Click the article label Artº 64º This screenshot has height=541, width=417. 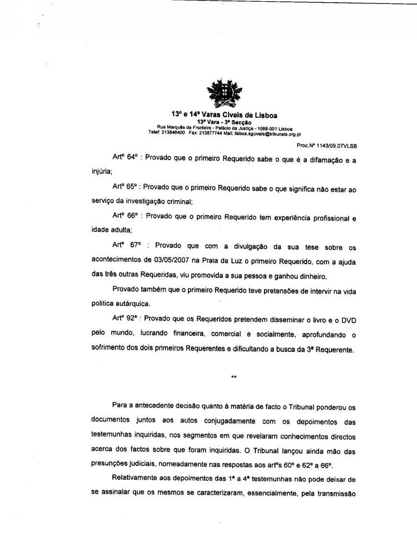point(125,157)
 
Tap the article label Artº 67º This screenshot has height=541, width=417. point(126,245)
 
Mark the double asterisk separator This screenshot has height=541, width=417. point(234,378)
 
